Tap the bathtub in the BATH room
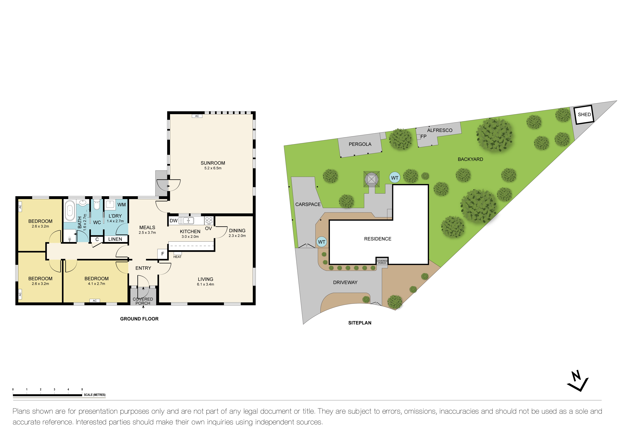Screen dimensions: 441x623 70,211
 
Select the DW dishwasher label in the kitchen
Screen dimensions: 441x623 173,221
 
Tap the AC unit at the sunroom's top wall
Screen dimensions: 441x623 197,116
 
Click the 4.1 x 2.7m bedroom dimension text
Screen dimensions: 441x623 96,284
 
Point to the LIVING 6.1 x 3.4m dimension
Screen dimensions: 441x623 205,284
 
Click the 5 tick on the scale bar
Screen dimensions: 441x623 82,389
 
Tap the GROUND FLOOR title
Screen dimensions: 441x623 139,319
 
